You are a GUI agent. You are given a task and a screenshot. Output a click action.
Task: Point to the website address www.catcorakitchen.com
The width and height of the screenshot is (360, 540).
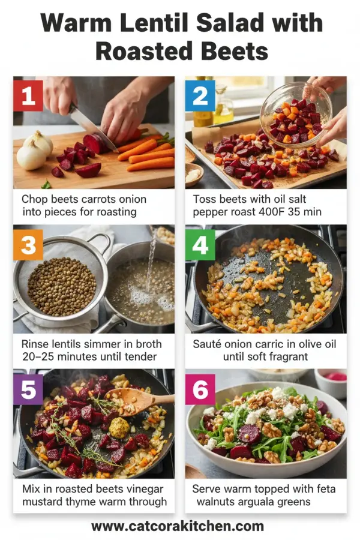(178, 526)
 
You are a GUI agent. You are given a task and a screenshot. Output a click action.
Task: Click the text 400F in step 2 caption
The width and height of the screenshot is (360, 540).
(271, 211)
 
